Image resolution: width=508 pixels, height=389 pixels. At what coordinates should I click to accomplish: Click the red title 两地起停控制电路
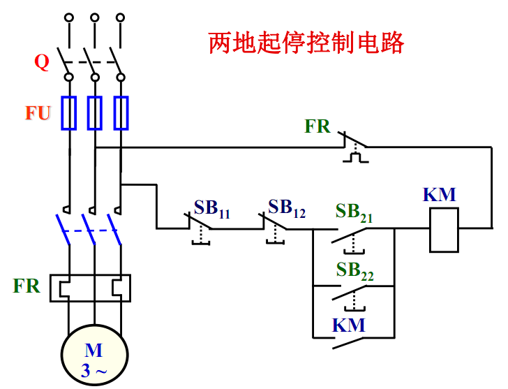306,43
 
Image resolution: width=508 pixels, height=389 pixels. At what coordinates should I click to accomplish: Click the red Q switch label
42,63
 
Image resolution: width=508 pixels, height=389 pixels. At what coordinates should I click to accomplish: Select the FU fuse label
38,112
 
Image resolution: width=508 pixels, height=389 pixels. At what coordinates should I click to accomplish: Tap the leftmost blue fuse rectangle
68,113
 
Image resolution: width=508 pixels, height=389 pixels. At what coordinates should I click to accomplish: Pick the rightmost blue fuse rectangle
121,113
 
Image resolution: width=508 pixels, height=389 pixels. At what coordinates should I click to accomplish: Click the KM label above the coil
440,195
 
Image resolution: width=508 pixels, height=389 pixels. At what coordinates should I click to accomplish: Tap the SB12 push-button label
287,207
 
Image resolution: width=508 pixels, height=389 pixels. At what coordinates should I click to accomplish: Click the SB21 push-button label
354,212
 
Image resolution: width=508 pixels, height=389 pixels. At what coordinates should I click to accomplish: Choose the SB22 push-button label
354,272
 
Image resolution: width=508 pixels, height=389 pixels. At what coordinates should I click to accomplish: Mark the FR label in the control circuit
317,126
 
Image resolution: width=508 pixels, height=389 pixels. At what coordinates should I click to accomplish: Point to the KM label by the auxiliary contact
348,325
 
